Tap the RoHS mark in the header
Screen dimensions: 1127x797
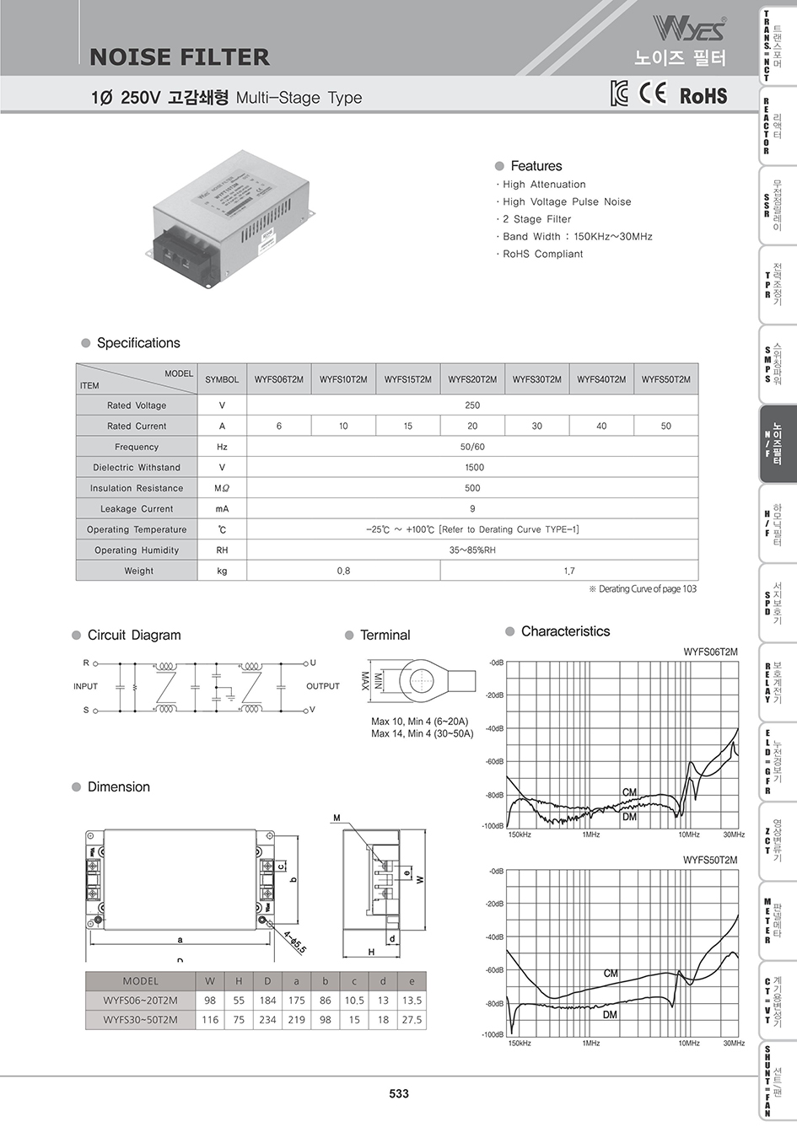(x=703, y=95)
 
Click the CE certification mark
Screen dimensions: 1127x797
(x=653, y=94)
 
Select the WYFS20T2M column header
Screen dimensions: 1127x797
(x=472, y=379)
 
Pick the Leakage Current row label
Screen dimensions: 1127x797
(x=137, y=509)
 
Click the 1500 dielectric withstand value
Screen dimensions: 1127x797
(x=473, y=468)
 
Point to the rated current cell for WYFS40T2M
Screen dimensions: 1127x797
(x=601, y=427)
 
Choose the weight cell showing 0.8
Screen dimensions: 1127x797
(x=343, y=572)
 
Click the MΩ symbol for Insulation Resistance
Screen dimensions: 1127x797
(x=222, y=488)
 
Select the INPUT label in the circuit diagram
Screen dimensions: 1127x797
(x=85, y=686)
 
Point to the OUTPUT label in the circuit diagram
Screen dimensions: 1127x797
(x=323, y=686)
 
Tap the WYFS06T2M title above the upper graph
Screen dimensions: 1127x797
(x=710, y=652)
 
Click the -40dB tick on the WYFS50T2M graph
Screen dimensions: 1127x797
(x=494, y=937)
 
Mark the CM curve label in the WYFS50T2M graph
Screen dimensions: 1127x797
(x=611, y=974)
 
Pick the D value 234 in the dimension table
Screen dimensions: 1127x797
(x=267, y=1020)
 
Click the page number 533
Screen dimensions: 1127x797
(x=398, y=1093)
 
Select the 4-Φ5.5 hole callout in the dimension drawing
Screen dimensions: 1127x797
(x=294, y=942)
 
